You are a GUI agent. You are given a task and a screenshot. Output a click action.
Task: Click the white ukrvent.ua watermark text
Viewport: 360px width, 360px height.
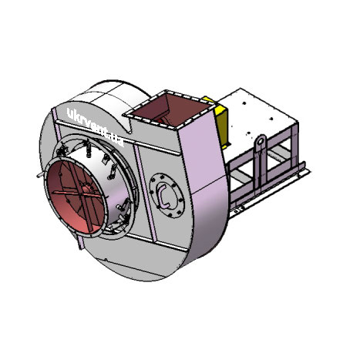95,127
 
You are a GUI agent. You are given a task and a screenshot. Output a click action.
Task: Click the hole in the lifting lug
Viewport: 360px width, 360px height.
261,140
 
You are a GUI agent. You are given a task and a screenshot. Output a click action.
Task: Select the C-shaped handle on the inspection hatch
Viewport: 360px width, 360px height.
163,196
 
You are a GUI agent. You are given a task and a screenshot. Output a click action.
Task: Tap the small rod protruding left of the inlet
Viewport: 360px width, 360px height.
40,175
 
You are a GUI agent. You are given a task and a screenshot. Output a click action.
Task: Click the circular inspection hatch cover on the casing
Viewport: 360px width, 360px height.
167,196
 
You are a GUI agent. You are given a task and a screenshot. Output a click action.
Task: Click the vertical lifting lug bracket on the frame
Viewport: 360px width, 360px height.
261,162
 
